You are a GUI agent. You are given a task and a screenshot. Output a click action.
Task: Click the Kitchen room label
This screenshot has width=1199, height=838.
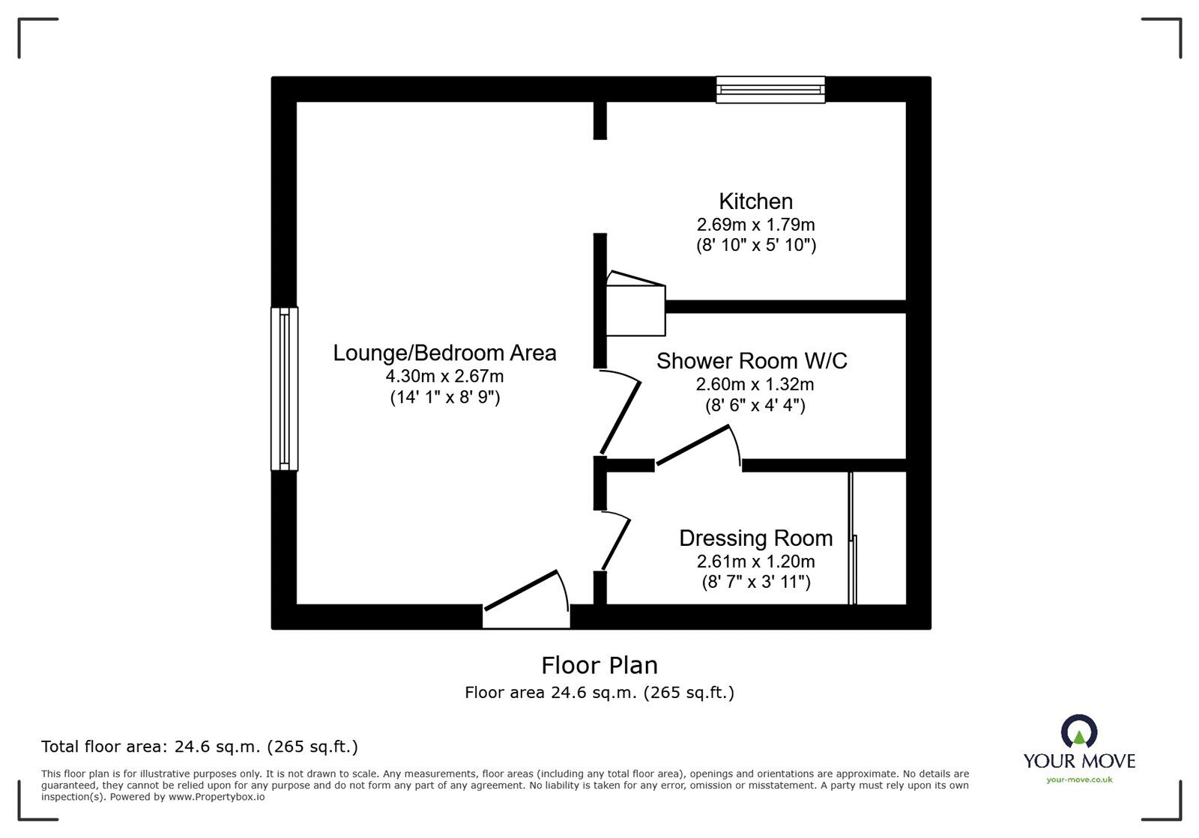[755, 201]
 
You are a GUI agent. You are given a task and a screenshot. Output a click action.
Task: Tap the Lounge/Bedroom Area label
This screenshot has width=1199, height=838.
[444, 353]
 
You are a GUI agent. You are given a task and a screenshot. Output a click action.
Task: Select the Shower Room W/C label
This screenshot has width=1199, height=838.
[752, 361]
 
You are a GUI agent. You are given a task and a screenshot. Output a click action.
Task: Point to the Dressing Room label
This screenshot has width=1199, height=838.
[755, 538]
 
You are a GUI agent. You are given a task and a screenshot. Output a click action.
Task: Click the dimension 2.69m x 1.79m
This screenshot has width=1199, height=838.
[755, 224]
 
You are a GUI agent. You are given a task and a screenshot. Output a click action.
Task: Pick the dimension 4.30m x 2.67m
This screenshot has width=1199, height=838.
[444, 376]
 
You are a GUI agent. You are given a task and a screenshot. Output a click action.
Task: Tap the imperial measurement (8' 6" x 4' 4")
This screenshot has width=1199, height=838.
[755, 406]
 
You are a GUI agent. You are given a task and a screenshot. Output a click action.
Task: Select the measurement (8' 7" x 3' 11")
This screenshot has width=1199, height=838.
[755, 582]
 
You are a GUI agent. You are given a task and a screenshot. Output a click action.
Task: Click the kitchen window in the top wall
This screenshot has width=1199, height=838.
[770, 90]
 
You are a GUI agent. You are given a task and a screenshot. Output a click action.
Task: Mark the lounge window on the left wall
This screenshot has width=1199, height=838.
[284, 389]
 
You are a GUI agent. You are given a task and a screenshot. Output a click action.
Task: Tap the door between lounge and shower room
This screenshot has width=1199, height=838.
[620, 416]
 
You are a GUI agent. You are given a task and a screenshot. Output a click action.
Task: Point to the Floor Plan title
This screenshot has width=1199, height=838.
[599, 665]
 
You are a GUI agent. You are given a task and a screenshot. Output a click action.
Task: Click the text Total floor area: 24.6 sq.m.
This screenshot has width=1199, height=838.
[199, 747]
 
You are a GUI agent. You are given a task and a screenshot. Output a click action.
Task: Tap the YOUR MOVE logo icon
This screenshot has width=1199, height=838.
[1078, 731]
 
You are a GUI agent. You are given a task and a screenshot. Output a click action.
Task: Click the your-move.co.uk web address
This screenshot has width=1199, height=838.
[1079, 780]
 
